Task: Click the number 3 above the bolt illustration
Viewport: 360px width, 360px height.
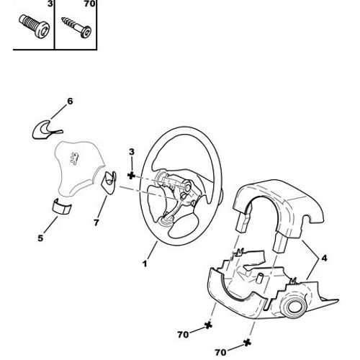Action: pyautogui.click(x=50, y=4)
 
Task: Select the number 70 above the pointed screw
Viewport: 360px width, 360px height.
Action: pyautogui.click(x=90, y=4)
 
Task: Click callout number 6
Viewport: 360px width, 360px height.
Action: pyautogui.click(x=69, y=102)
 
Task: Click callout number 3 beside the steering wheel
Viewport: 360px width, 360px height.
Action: pyautogui.click(x=131, y=150)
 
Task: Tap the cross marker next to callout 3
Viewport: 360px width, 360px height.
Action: pyautogui.click(x=131, y=175)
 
